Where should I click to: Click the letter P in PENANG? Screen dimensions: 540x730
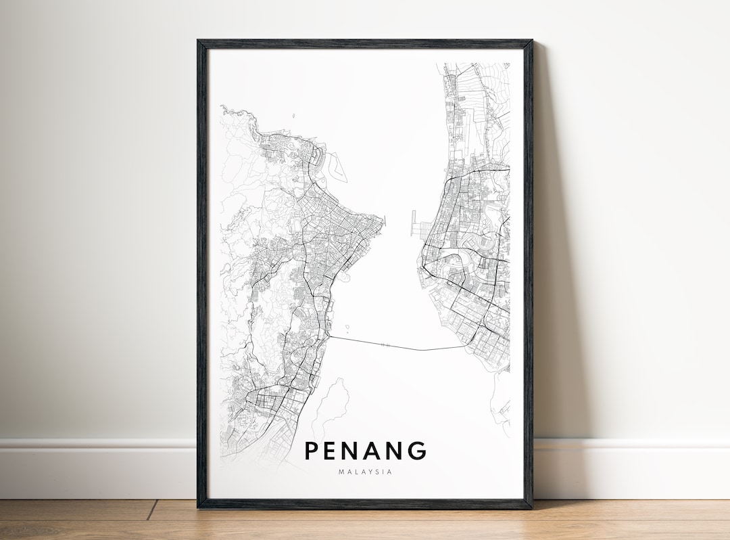point(312,451)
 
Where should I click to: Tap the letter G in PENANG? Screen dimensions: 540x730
point(416,451)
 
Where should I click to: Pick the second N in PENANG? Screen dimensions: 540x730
point(395,451)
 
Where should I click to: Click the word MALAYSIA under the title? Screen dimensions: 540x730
point(365,472)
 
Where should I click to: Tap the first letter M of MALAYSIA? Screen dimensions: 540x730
point(341,472)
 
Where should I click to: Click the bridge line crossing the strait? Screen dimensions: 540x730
point(406,347)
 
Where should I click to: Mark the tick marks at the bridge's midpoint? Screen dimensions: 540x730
point(385,345)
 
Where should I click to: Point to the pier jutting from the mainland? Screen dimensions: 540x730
point(413,222)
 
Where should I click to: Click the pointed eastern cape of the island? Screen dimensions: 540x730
point(382,219)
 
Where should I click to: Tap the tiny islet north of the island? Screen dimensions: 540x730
point(293,116)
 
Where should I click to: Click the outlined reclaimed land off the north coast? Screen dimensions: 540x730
point(333,162)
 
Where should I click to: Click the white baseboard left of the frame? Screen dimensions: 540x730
point(95,467)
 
